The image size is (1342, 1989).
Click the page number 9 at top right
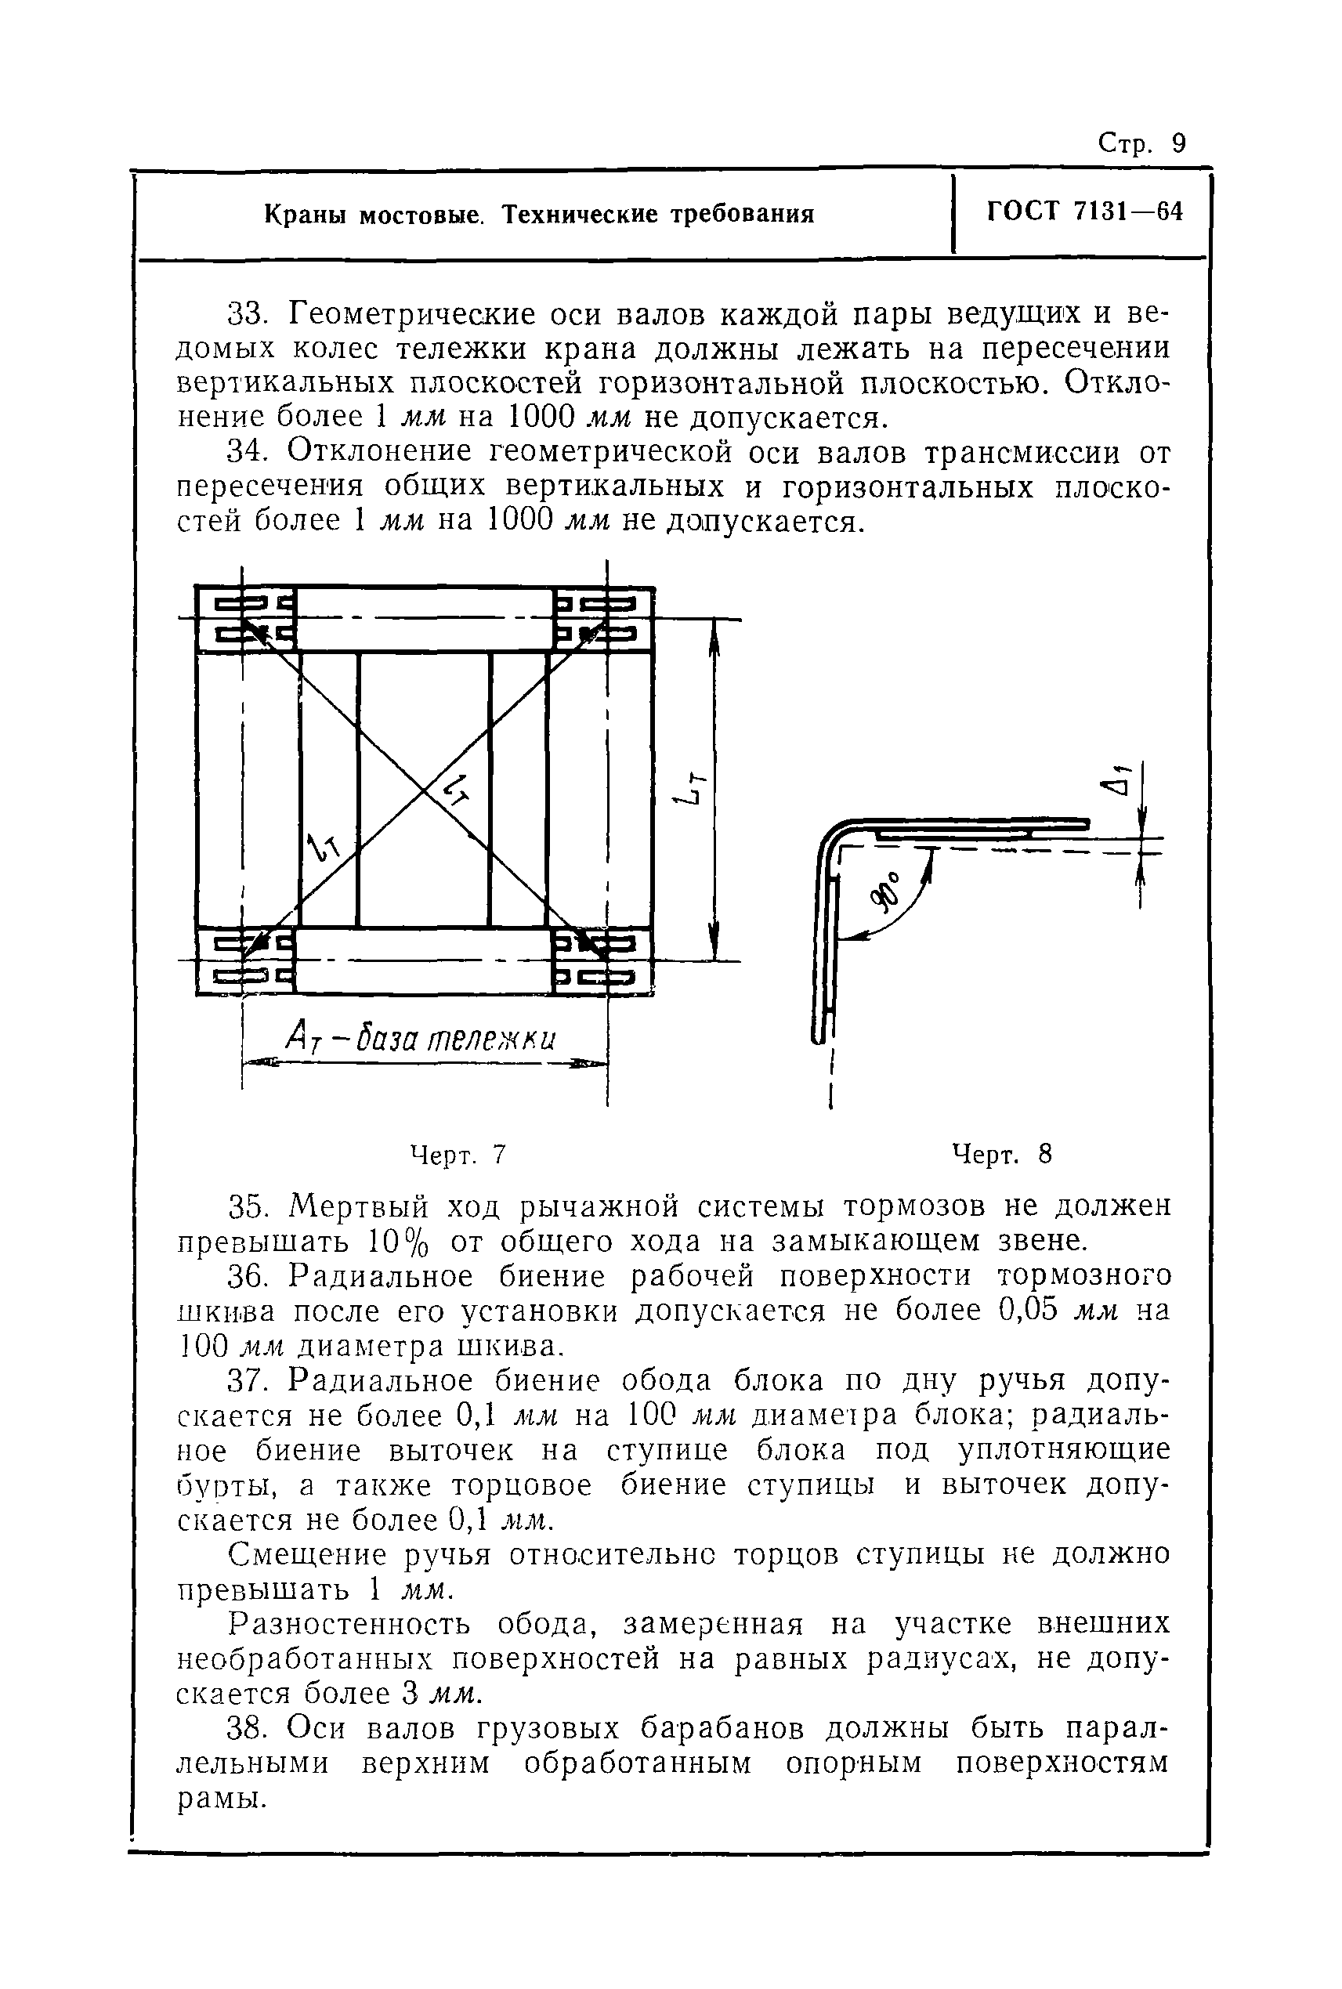tap(1179, 143)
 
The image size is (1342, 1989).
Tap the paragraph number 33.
tap(248, 314)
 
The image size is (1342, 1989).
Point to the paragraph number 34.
tap(248, 451)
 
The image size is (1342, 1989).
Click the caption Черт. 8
tap(1001, 1155)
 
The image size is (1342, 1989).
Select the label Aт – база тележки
tap(420, 1040)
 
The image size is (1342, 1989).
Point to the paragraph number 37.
tap(248, 1380)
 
